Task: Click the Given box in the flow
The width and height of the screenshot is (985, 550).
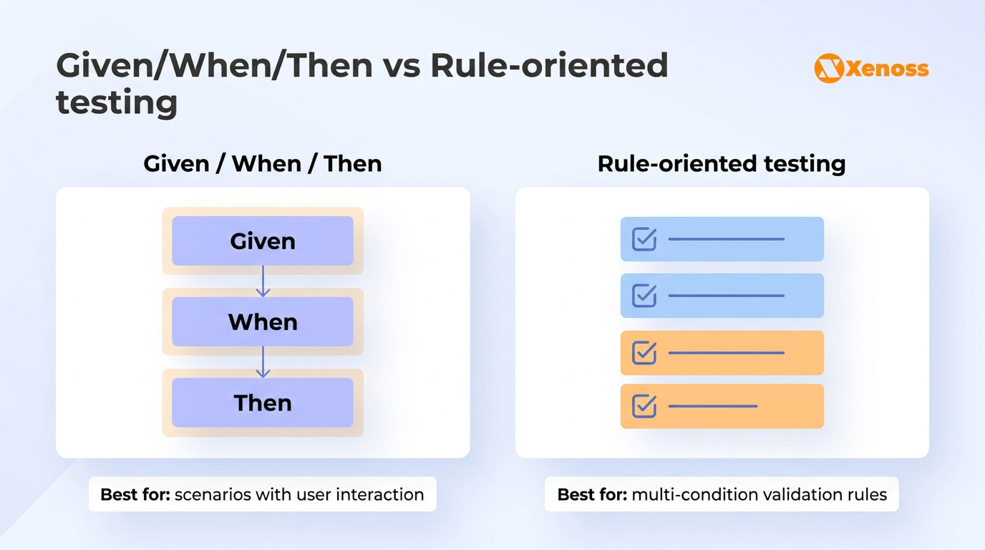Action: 263,241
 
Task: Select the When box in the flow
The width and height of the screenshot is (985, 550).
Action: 263,322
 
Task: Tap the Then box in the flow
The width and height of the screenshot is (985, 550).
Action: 263,403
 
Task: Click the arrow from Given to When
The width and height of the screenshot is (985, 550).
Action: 263,281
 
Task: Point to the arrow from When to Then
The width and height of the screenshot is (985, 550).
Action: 263,362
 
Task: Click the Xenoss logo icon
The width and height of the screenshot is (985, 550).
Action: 828,69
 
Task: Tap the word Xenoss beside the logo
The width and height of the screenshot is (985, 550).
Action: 887,69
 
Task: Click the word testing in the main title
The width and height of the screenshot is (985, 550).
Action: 117,102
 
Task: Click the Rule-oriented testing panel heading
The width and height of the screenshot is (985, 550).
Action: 722,164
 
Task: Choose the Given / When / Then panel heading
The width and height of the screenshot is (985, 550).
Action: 263,164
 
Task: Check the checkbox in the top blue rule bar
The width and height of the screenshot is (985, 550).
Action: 644,239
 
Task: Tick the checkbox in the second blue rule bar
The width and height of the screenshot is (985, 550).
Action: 644,296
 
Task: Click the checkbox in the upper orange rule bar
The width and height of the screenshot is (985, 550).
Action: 644,352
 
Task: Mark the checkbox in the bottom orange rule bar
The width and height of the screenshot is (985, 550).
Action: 644,406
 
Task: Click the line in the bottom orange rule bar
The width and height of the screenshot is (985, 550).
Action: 713,406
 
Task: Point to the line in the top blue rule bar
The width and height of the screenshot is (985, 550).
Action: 726,239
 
